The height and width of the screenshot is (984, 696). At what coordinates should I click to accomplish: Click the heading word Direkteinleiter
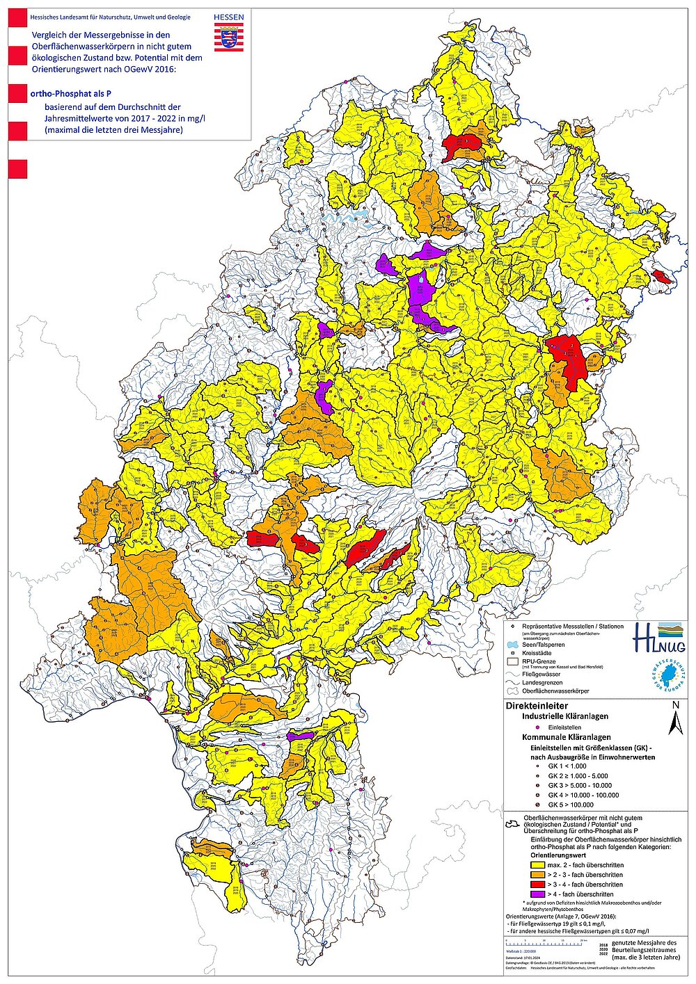pyautogui.click(x=535, y=705)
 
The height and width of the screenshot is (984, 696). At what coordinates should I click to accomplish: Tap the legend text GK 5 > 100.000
pyautogui.click(x=573, y=805)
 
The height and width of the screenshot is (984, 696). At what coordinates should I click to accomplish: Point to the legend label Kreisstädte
pyautogui.click(x=537, y=655)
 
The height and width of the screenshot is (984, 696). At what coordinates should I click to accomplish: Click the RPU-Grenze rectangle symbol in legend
pyautogui.click(x=512, y=663)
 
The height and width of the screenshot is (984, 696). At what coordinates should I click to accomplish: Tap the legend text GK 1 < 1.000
pyautogui.click(x=567, y=766)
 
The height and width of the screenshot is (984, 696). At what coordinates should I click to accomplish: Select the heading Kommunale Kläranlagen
pyautogui.click(x=567, y=736)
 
